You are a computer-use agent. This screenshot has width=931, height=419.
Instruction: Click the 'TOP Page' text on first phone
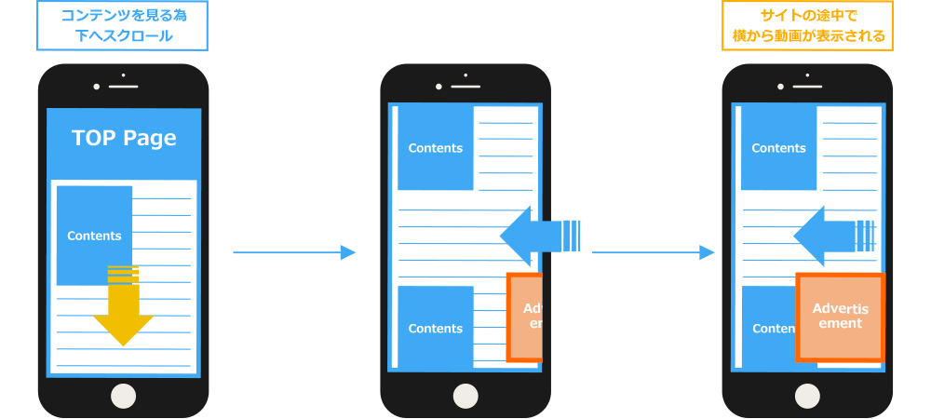point(124,138)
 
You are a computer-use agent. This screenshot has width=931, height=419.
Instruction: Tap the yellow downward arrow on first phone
point(123,312)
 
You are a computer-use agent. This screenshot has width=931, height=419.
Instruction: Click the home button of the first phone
point(123,395)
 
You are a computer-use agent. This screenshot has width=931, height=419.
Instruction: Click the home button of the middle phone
point(465,395)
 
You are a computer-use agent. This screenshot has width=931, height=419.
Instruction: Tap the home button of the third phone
point(808,395)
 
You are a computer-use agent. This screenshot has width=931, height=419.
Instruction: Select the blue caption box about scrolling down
point(121,26)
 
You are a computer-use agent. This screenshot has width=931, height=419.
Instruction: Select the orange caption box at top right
point(807,26)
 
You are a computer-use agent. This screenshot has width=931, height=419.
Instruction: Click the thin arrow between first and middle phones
point(293,252)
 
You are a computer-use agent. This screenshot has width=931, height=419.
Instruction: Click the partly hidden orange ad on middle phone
point(525,317)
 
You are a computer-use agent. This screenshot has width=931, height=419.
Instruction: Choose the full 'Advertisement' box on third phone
point(839,317)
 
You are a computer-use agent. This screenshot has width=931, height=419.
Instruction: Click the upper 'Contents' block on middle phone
point(436,148)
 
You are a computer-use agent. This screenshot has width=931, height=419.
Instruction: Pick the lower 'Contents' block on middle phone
point(436,328)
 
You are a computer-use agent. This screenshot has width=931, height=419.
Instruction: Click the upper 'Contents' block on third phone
point(778,148)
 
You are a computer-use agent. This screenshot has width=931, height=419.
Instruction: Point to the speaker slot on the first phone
point(123,87)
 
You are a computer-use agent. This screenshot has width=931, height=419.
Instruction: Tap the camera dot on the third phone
point(781,87)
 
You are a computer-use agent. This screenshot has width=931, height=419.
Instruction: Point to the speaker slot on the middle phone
point(465,87)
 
